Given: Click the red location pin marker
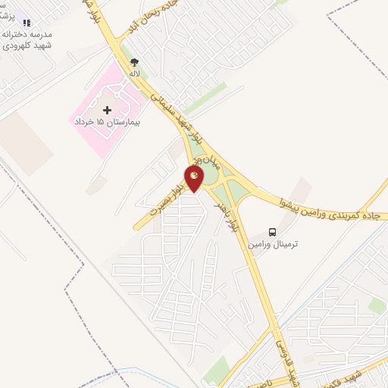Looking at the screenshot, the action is [195, 180].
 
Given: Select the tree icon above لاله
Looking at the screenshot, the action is [135, 62].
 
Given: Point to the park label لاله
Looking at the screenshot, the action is [135, 74].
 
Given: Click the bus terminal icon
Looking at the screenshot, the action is [272, 231].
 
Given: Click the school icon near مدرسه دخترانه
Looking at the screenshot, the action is [27, 24].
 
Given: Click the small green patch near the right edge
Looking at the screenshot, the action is [377, 304].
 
